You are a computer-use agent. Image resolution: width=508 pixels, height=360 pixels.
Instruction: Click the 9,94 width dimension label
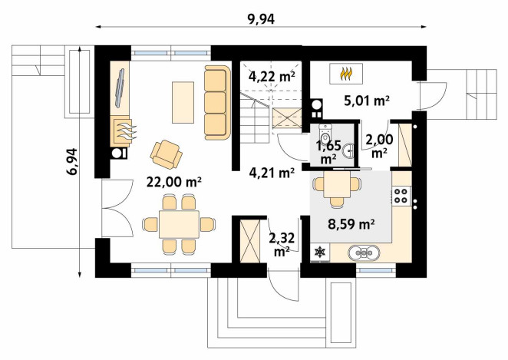tap(261, 19)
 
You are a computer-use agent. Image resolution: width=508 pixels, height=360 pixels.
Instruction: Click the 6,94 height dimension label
tap(71, 162)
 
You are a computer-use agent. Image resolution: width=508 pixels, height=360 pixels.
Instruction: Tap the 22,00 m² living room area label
tap(174, 182)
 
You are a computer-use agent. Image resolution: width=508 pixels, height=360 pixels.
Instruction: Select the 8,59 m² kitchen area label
tap(351, 224)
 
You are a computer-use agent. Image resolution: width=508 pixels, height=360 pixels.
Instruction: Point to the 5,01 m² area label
tap(367, 101)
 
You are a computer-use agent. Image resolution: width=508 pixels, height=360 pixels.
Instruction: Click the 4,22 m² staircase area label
tap(272, 76)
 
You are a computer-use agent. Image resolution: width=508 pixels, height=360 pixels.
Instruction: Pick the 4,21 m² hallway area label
tap(272, 173)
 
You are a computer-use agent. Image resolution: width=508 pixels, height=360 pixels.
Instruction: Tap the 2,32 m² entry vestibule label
tap(282, 244)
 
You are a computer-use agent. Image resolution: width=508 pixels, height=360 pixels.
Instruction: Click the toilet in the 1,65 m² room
tap(325, 134)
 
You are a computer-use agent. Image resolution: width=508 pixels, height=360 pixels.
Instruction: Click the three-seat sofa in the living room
tap(217, 103)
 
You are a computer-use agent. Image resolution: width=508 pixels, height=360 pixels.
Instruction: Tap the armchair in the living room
tap(167, 154)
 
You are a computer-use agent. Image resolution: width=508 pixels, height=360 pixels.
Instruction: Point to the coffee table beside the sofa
tap(183, 102)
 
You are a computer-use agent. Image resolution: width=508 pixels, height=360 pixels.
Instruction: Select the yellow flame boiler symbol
tap(346, 74)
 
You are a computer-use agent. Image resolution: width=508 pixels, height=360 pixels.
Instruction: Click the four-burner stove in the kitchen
tap(401, 196)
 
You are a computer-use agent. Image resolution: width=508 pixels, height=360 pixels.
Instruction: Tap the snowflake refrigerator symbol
tap(320, 252)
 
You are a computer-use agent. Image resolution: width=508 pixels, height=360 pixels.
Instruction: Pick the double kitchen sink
tap(364, 253)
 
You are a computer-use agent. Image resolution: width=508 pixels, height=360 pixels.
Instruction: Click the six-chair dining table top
tap(179, 224)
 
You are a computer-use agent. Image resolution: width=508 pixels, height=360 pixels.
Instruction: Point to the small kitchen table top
tap(337, 184)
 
